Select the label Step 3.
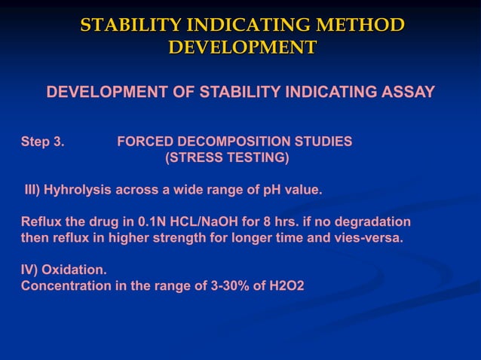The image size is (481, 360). point(43,142)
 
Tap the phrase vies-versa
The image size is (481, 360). point(366,239)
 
